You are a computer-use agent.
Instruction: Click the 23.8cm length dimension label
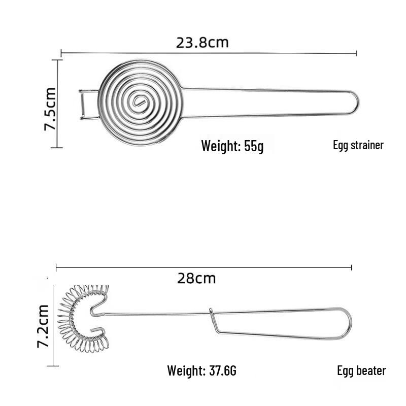[x=202, y=42]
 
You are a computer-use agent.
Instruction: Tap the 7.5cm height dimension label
[x=50, y=109]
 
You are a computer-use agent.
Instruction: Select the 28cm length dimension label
[x=196, y=278]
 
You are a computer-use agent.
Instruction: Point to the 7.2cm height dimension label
[x=43, y=326]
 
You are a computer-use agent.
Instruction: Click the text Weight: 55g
[x=232, y=146]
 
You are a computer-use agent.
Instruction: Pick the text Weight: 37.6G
[x=201, y=371]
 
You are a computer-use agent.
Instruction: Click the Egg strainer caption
[x=358, y=145]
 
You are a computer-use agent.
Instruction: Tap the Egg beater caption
[x=361, y=370]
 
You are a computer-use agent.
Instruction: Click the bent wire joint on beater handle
[x=212, y=320]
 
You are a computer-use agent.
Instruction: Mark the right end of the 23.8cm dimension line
[x=357, y=53]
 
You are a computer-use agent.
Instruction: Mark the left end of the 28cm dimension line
[x=56, y=267]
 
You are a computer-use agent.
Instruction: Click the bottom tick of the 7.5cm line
[x=57, y=148]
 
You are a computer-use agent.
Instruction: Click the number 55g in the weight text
[x=253, y=146]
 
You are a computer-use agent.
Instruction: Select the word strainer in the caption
[x=366, y=145]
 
